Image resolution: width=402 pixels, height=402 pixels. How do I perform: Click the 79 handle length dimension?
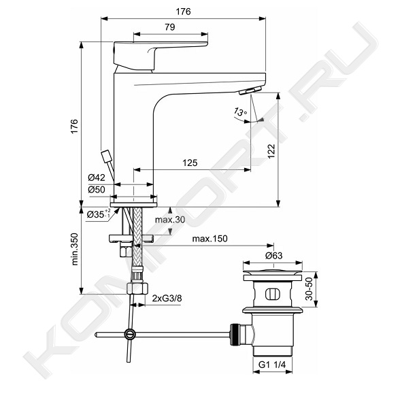click(170, 27)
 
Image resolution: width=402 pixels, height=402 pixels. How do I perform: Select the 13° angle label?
click(240, 112)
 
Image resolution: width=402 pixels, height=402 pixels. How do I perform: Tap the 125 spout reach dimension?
click(190, 163)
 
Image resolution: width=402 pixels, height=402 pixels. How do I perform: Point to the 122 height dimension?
click(271, 152)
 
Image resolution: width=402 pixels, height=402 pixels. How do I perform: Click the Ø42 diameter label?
click(97, 177)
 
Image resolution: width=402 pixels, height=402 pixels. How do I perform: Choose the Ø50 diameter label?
click(97, 190)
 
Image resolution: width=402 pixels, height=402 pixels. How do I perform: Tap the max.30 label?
click(170, 220)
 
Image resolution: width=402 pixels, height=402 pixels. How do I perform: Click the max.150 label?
click(210, 239)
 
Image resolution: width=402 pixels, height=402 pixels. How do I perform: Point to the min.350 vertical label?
click(75, 249)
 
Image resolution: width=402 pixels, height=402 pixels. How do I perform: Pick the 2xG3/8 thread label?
click(167, 298)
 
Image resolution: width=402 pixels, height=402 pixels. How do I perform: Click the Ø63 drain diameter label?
click(274, 256)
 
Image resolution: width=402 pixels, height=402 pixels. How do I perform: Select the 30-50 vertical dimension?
click(309, 289)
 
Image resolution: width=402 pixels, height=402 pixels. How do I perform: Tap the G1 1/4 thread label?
click(272, 365)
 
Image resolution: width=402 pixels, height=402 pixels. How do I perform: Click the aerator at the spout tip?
click(250, 90)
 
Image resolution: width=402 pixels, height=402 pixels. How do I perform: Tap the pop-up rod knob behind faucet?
click(106, 156)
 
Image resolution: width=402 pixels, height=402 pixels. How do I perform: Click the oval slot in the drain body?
click(273, 294)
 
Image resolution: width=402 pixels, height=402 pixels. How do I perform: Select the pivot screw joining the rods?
click(129, 334)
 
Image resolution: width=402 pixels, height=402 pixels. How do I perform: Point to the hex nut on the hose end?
click(137, 288)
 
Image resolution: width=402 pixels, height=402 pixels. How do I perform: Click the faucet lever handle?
click(160, 56)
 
